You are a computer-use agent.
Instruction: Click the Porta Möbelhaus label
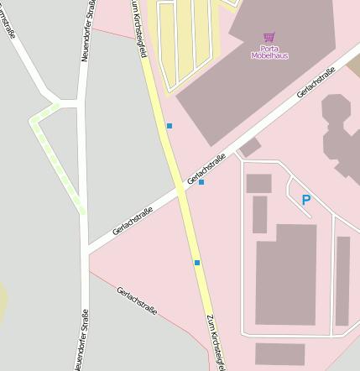coord(269,52)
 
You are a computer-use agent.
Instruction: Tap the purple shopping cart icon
coord(269,38)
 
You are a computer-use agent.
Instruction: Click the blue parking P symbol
coord(305,200)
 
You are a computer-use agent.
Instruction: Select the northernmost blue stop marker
coord(170,126)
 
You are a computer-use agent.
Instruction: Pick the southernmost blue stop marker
coord(197,263)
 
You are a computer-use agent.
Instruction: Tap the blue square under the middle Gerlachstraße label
coord(201,182)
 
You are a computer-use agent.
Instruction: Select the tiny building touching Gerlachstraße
coord(249,148)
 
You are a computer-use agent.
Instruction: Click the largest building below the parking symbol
coord(285,274)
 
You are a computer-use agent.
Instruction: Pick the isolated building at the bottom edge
coord(279,353)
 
